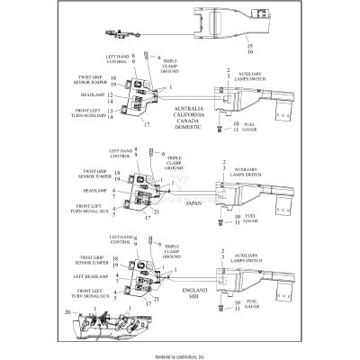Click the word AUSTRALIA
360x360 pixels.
click(x=177, y=106)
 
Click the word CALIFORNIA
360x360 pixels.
click(x=177, y=113)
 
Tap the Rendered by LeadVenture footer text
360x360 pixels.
click(x=180, y=355)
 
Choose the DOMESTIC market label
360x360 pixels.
click(x=177, y=128)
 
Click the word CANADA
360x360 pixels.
click(x=177, y=121)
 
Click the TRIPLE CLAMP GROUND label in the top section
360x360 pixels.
click(x=175, y=66)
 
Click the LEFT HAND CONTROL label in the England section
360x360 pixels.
click(x=120, y=239)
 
